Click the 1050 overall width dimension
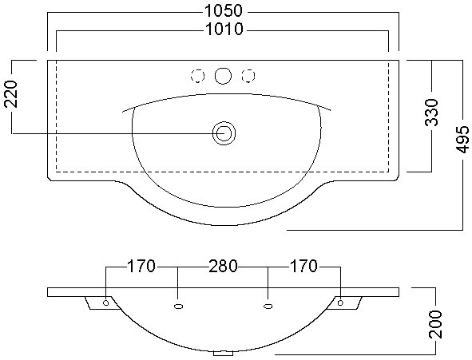(223, 11)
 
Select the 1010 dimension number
(224, 30)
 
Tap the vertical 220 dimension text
(11, 93)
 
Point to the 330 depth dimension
(431, 113)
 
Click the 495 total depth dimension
(462, 139)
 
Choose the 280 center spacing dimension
(223, 266)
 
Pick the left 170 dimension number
(141, 266)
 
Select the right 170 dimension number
(303, 266)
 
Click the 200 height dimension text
(435, 324)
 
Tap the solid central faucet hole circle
(223, 76)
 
